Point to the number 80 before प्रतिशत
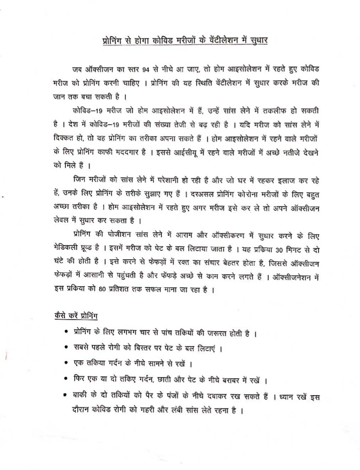(103, 289)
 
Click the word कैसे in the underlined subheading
(60, 315)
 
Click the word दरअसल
(202, 194)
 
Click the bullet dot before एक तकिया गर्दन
(66, 363)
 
